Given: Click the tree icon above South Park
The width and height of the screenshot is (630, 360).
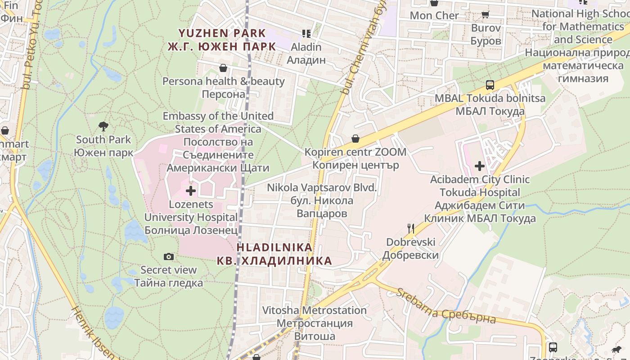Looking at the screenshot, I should pos(103,126).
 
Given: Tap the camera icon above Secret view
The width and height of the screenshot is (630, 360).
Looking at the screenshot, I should pos(169,256).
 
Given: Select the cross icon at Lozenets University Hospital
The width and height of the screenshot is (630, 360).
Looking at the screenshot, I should pos(191,191).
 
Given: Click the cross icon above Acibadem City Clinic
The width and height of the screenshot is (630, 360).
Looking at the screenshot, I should pos(480,166).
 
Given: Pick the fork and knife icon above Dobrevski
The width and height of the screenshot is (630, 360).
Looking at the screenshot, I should pos(410,229).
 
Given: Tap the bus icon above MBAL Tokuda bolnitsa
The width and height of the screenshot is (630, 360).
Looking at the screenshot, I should pos(490,85).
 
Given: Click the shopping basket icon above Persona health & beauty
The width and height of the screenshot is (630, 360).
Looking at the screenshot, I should pos(223,68).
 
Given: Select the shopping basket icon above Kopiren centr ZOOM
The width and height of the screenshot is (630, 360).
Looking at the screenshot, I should pos(355,139).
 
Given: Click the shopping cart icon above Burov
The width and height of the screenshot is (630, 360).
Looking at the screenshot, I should pos(486,14).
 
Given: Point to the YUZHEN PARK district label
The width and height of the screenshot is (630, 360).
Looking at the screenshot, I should pos(222,40).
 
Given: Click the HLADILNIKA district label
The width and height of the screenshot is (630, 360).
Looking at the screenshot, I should pos(274,254).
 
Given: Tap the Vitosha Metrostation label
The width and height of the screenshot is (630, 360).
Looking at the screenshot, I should pos(315,323).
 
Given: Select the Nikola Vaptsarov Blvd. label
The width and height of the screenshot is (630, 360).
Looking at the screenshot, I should pos(322,200).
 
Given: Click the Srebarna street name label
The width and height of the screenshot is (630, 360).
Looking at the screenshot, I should pos(445,306).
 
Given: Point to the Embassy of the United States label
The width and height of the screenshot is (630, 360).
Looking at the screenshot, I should pos(218,142).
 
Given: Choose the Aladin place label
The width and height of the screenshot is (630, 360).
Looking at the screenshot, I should pos(306,53).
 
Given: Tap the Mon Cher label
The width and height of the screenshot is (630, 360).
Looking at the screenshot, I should pos(434,16).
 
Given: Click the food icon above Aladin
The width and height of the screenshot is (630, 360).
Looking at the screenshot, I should pos(306,33).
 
